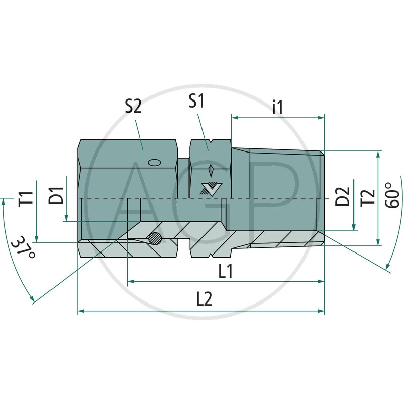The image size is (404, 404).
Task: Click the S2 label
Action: [133, 107]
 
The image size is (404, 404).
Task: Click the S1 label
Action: [196, 102]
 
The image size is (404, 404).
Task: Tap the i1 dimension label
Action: [277, 107]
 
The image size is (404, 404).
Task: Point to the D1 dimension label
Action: [56, 195]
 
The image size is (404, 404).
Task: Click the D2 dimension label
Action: [343, 195]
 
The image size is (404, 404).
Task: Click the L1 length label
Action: [225, 271]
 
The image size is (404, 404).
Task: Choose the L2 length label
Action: [204, 299]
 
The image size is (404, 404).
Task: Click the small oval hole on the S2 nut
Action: [154, 162]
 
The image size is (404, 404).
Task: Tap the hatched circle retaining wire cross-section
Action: [156, 239]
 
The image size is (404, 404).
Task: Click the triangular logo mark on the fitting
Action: [208, 188]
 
